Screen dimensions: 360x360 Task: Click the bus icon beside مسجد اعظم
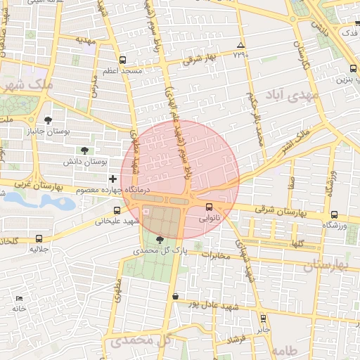[123, 60]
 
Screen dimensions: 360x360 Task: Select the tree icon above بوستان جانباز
[48, 120]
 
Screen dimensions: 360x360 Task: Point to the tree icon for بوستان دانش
[85, 150]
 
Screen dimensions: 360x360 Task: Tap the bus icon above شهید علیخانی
[117, 210]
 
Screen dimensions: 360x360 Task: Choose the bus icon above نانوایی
[209, 207]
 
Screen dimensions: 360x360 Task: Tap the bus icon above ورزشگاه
[333, 214]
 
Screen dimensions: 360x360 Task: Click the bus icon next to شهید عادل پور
[175, 296]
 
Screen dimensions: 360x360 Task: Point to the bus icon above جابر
[262, 318]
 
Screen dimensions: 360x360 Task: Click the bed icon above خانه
[19, 298]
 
